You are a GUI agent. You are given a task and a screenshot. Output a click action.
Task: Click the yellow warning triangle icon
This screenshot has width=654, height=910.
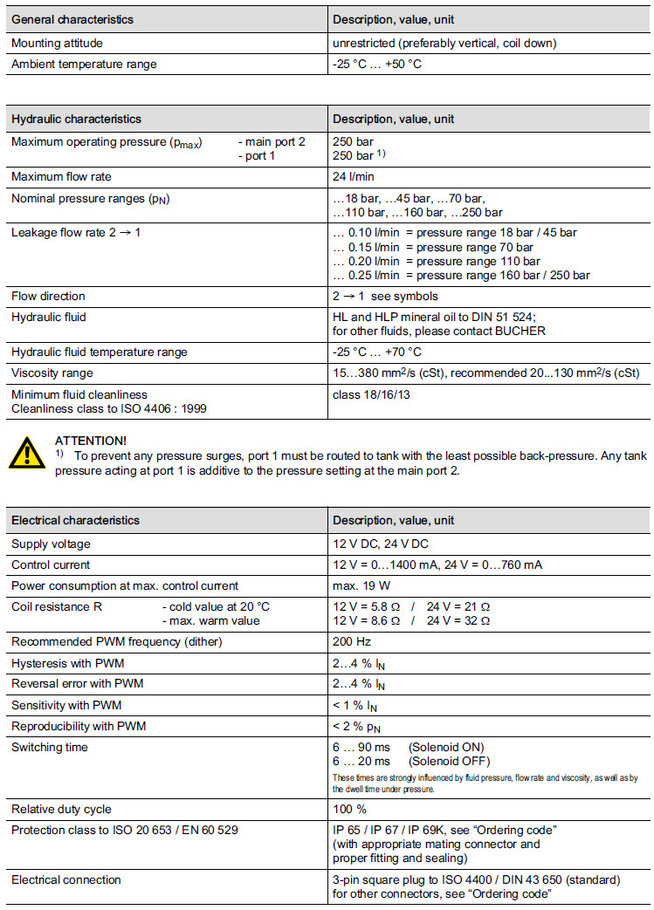tap(28, 455)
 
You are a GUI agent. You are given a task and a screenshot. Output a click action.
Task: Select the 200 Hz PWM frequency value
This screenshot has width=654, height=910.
tap(350, 642)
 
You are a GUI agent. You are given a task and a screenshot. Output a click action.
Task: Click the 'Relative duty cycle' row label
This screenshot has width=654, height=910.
tap(61, 809)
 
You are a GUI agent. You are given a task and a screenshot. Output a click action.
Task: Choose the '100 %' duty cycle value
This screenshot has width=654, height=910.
tap(350, 809)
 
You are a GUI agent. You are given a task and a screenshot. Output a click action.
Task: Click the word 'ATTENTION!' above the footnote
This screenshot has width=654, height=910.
tap(90, 441)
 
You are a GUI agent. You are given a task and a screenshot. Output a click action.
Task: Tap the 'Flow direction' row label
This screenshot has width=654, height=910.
tap(48, 296)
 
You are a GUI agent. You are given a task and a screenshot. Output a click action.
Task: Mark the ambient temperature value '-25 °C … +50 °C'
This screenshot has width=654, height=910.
tap(377, 64)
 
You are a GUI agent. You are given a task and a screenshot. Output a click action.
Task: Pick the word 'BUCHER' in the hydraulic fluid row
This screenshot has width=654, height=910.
tap(520, 331)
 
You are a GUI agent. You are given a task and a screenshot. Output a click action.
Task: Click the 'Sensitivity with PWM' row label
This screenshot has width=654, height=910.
tap(65, 704)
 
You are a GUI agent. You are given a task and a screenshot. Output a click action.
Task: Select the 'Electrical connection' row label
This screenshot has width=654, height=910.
tap(65, 879)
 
